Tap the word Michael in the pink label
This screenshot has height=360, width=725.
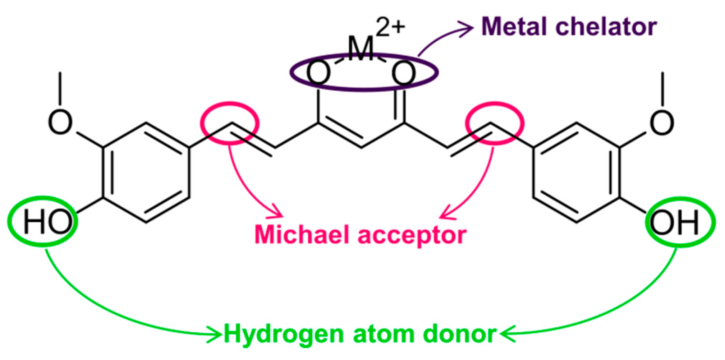(x=302, y=235)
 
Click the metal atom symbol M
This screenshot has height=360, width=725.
(x=361, y=49)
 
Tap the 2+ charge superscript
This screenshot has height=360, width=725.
(x=391, y=27)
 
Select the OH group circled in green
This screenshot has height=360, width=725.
(x=675, y=222)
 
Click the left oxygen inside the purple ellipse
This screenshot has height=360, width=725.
(x=318, y=73)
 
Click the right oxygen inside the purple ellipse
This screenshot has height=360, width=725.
(x=404, y=73)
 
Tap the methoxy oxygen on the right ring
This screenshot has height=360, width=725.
(x=662, y=122)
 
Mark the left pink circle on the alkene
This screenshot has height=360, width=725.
(x=230, y=123)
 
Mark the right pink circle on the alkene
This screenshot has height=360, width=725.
(x=495, y=123)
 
